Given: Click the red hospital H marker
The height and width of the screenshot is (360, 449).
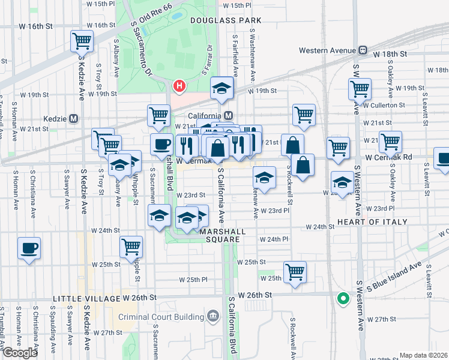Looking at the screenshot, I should point(179,86).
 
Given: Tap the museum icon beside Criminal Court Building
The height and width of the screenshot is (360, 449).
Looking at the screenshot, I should point(212,316).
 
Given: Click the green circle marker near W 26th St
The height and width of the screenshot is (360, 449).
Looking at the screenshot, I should point(343,298).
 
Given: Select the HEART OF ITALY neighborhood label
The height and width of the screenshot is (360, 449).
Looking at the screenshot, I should point(373,222).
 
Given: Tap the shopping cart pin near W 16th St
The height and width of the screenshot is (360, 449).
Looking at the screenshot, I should point(82,41).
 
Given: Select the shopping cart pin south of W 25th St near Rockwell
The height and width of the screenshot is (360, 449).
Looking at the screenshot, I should point(295,271).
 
